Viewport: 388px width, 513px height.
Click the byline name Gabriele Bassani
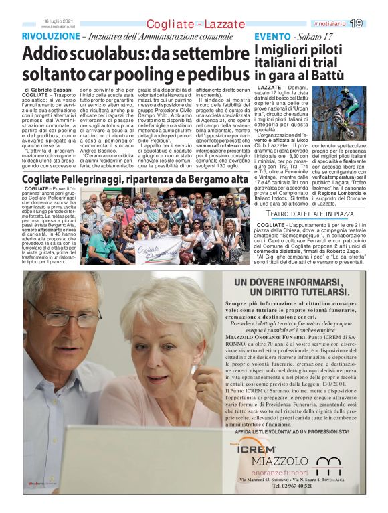53,88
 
